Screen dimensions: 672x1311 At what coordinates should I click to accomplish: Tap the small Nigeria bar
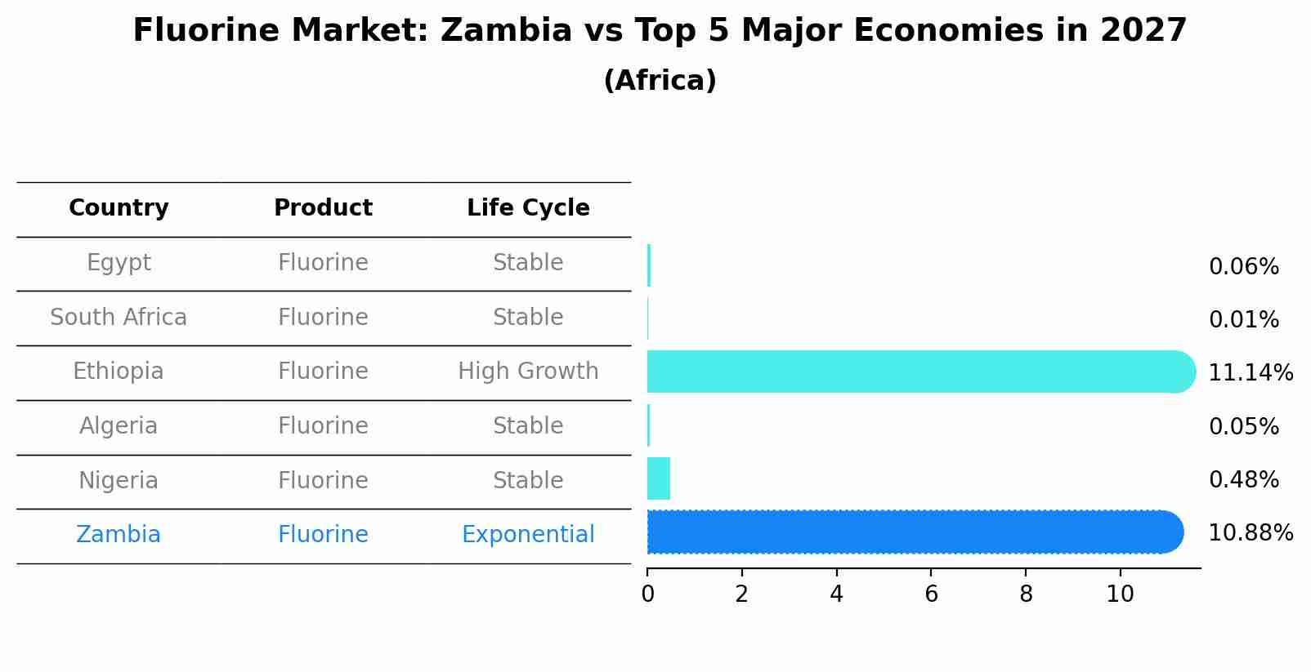click(x=658, y=478)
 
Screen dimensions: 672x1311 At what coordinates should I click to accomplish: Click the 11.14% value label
click(x=1250, y=373)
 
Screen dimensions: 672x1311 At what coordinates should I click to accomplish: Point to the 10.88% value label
click(x=1250, y=533)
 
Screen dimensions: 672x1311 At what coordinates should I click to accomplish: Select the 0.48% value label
click(x=1243, y=480)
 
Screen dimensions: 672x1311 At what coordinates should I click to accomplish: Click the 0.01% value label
click(x=1243, y=320)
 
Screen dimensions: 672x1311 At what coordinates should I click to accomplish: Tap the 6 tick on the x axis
click(x=931, y=594)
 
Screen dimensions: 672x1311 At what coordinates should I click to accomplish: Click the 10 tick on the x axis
click(x=1120, y=594)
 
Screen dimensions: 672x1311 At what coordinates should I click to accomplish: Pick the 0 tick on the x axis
click(x=647, y=594)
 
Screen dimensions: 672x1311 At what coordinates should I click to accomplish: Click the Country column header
click(x=119, y=208)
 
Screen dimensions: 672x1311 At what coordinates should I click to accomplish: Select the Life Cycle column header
click(x=528, y=208)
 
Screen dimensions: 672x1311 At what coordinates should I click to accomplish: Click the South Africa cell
click(x=119, y=318)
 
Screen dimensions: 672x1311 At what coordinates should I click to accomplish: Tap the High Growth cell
click(x=528, y=372)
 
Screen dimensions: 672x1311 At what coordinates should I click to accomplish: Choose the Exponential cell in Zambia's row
click(x=528, y=535)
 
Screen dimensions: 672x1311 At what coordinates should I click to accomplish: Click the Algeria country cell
click(x=119, y=426)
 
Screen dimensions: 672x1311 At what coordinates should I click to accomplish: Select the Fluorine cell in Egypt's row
click(x=323, y=263)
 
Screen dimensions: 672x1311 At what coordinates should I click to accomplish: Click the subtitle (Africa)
click(x=660, y=81)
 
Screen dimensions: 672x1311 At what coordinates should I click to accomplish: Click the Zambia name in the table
click(x=119, y=535)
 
